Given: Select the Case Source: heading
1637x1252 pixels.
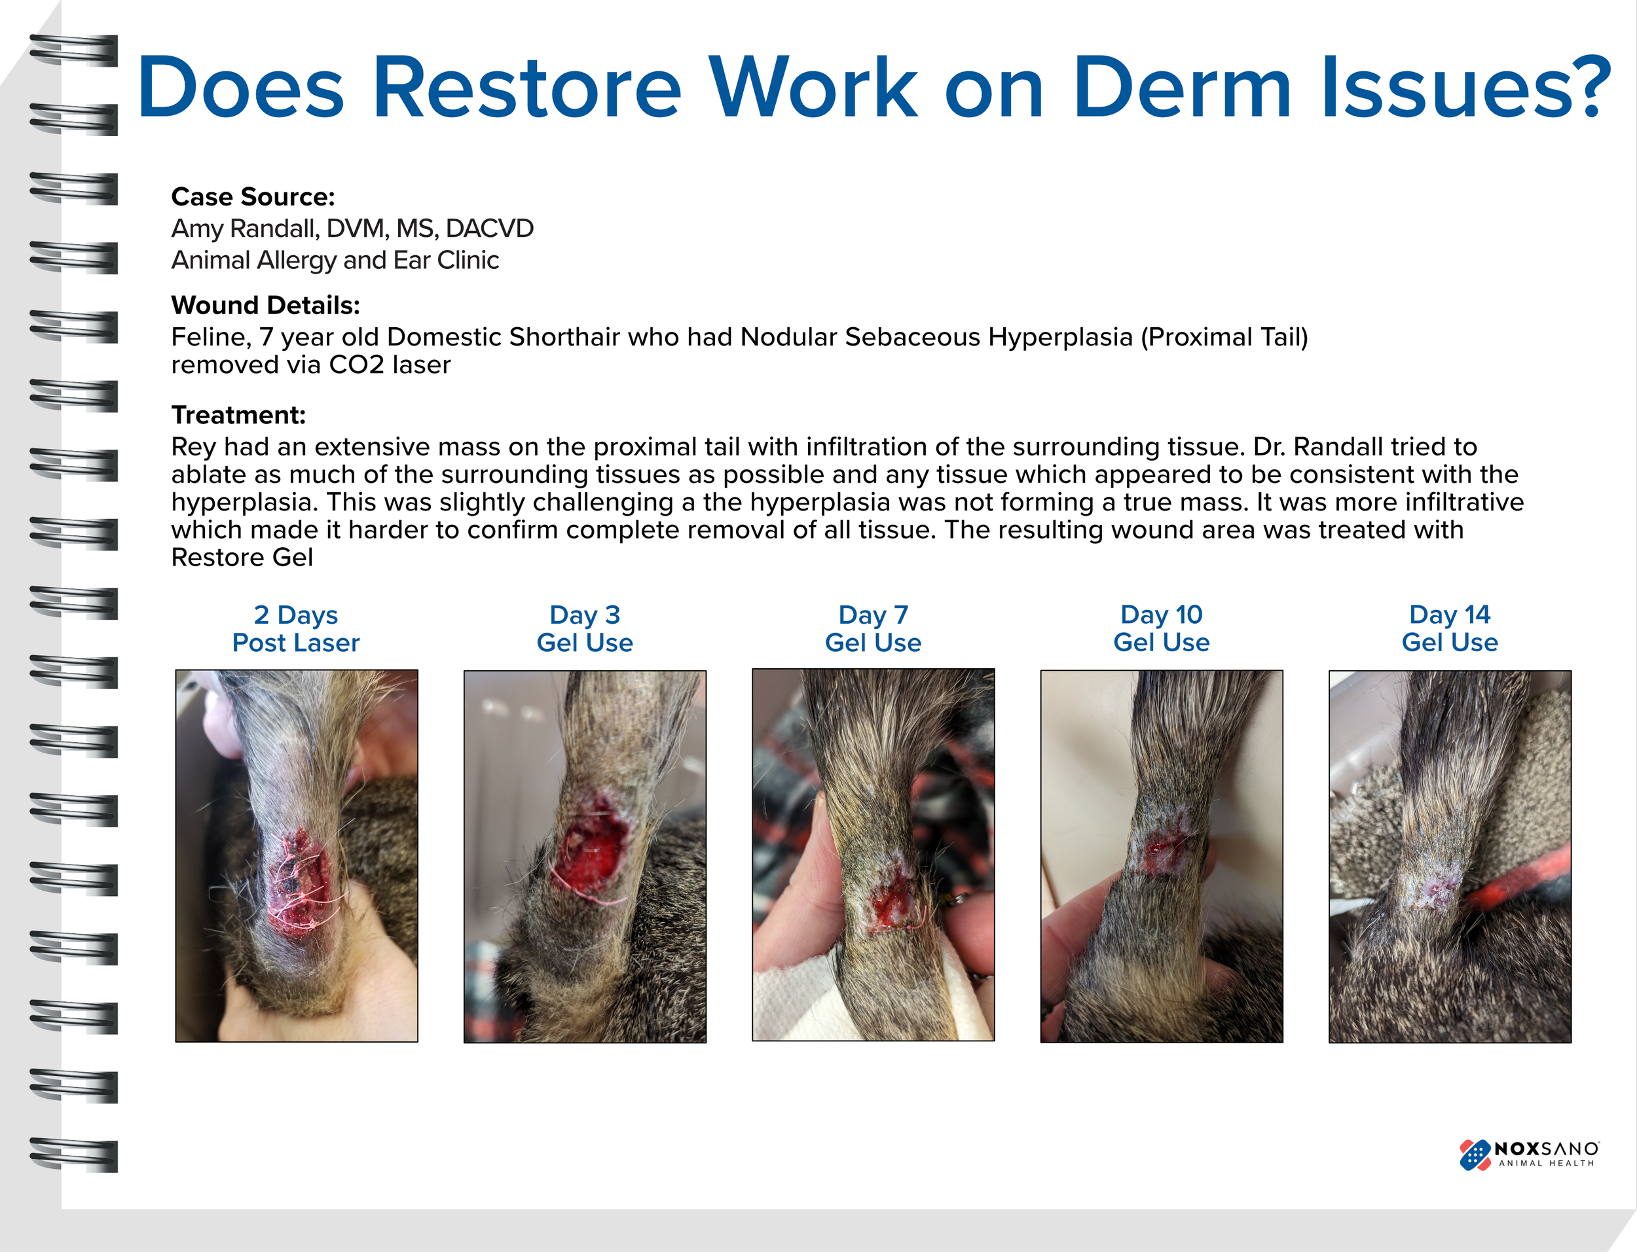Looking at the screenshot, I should pyautogui.click(x=253, y=197).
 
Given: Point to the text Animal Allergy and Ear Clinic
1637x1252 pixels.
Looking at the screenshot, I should pyautogui.click(x=335, y=260).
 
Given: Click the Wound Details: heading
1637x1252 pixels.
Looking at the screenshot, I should pyautogui.click(x=265, y=305).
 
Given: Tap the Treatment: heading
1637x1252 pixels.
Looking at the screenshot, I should pyautogui.click(x=238, y=414).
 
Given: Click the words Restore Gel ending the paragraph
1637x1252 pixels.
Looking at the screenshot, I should pyautogui.click(x=242, y=558).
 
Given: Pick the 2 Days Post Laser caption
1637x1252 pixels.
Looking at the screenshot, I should pyautogui.click(x=296, y=628).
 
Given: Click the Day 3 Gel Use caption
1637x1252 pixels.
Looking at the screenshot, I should pyautogui.click(x=585, y=628).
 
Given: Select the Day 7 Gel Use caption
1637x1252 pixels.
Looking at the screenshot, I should pyautogui.click(x=873, y=628).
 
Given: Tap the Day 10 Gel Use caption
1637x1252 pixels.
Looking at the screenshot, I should pyautogui.click(x=1162, y=628).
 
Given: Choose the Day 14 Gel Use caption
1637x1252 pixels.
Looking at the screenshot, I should pyautogui.click(x=1449, y=628).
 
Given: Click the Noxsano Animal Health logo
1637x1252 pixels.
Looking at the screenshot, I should pyautogui.click(x=1528, y=1154).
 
